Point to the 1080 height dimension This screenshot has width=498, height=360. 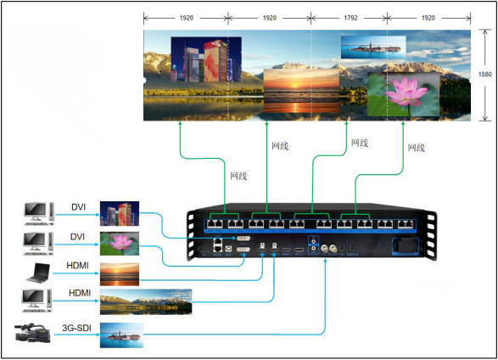[485, 74]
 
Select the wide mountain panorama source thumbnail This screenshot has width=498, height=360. [145, 302]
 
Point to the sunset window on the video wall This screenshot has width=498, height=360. [300, 91]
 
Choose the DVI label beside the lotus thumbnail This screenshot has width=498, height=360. [77, 235]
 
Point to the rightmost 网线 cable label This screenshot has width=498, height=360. [416, 147]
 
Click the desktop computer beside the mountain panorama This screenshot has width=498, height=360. [37, 301]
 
